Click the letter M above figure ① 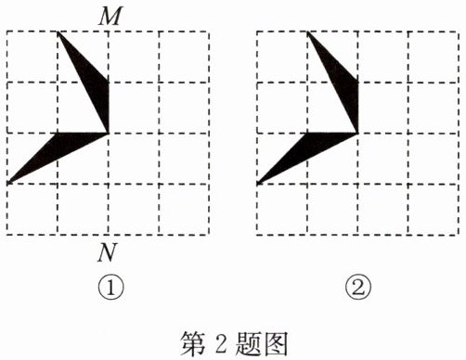110,16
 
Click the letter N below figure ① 108,253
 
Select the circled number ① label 110,288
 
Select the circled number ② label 358,288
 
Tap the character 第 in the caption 193,343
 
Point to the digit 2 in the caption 221,344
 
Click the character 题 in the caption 248,343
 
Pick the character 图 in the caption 275,343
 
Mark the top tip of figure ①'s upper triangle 58,32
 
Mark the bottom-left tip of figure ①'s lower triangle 8,184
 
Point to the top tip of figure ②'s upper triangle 308,32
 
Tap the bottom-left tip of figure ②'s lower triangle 258,184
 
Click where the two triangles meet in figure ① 109,133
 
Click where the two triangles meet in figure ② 357,133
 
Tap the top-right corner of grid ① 209,32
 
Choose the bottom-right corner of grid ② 459,235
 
